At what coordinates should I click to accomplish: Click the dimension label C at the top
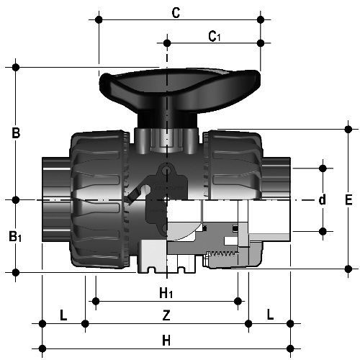click(x=176, y=13)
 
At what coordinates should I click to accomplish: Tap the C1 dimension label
click(x=214, y=37)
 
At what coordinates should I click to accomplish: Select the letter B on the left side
click(x=16, y=132)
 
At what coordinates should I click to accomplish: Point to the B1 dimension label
click(x=15, y=236)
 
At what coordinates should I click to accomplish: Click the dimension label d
click(x=323, y=199)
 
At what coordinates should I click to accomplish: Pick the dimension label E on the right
click(x=348, y=199)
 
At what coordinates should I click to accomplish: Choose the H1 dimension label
click(x=166, y=293)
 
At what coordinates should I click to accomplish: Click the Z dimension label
click(x=166, y=315)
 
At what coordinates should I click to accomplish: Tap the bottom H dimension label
click(x=166, y=341)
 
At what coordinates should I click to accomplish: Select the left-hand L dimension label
click(x=63, y=315)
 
